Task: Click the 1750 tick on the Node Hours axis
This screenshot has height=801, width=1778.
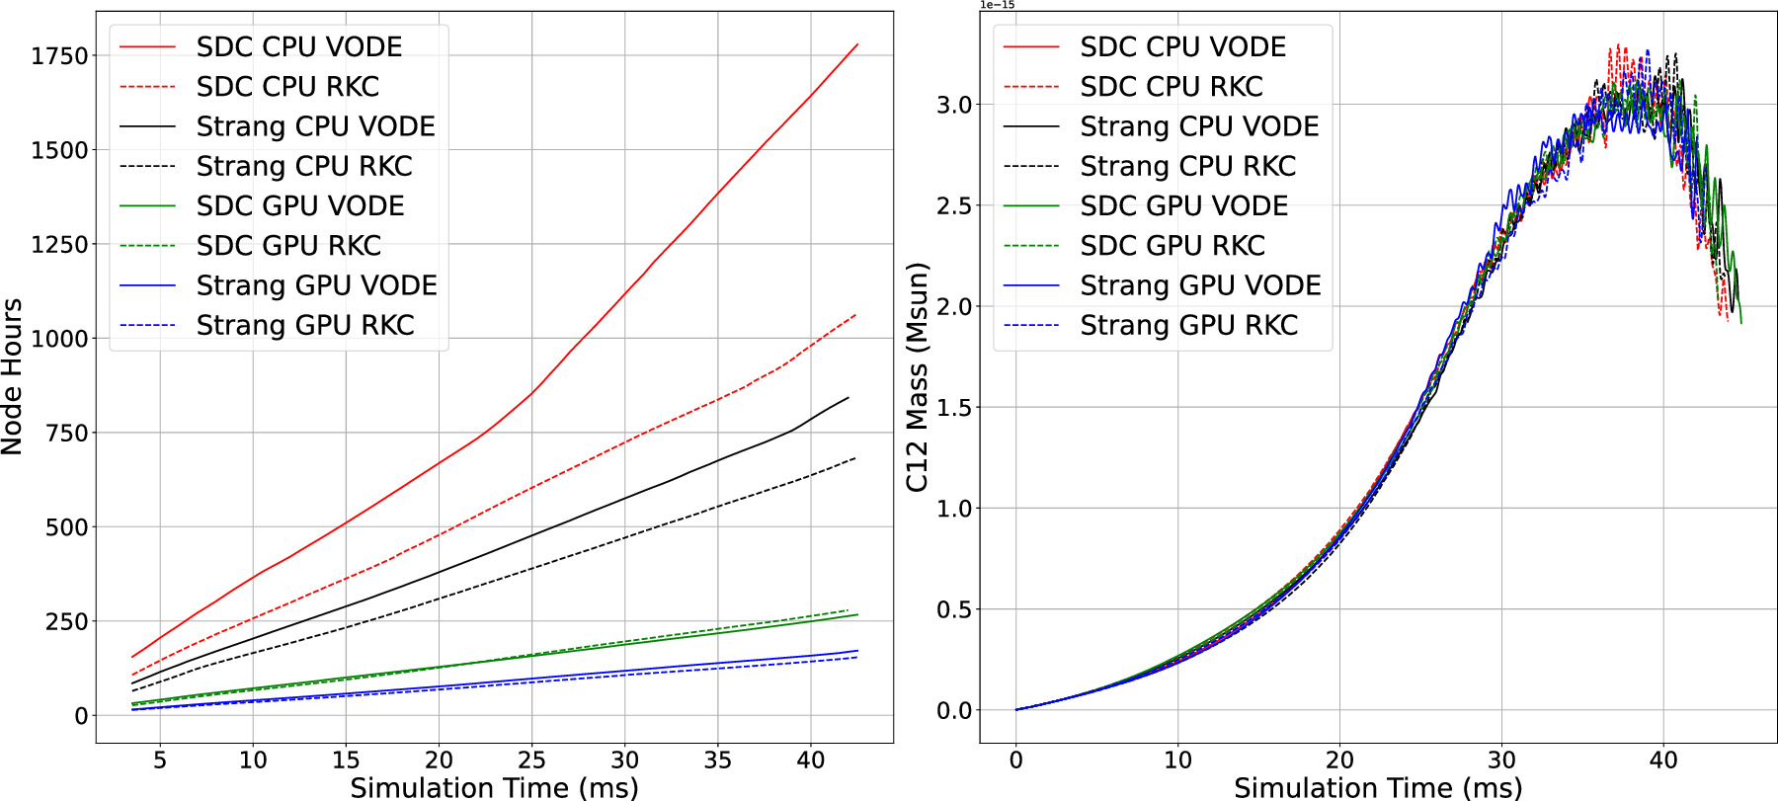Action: pos(59,56)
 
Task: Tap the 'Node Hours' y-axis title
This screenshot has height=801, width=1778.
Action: pos(12,376)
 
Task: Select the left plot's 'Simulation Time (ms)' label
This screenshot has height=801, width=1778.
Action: pos(494,787)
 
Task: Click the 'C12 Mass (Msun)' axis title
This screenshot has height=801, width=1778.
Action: pos(917,376)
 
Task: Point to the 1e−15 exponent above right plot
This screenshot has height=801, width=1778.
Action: pos(997,5)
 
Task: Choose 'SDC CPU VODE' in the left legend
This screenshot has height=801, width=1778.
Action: pos(298,46)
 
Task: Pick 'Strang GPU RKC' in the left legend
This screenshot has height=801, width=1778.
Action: pos(304,325)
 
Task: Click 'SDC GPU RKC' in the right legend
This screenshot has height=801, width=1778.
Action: pos(1172,245)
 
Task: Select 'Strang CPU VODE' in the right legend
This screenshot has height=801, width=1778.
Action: pos(1198,126)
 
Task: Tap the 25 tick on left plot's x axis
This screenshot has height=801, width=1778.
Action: pos(531,760)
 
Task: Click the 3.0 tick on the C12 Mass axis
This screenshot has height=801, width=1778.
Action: pos(954,105)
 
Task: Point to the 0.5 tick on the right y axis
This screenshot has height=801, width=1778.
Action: pos(954,609)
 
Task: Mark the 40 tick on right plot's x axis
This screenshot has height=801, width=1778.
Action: pos(1663,760)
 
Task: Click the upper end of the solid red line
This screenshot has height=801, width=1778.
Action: pos(857,44)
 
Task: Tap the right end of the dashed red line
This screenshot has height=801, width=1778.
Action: pos(855,315)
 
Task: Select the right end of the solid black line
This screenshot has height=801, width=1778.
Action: pos(849,398)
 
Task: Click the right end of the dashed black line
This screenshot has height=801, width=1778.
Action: pos(855,458)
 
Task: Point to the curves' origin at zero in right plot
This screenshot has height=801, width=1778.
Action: pos(1016,710)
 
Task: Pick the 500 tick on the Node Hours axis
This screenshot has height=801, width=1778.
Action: pos(66,527)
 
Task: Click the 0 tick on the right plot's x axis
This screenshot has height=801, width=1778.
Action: pos(1016,760)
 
